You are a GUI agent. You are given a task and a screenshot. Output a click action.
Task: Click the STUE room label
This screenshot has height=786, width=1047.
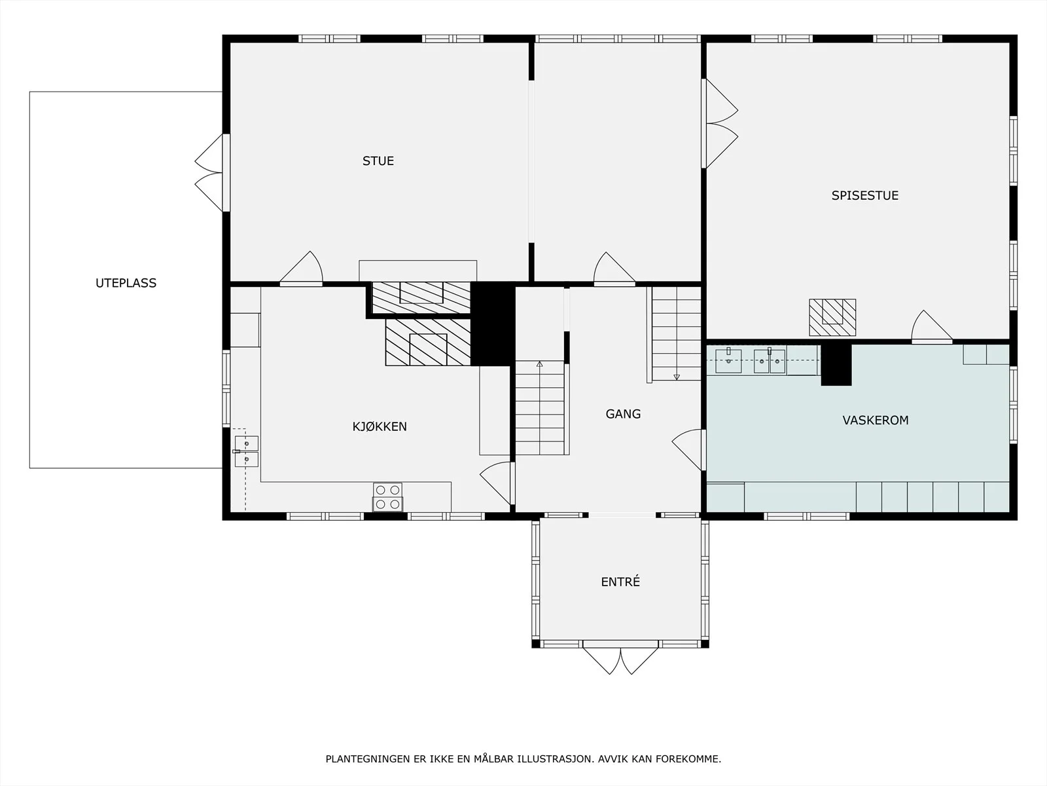click(x=378, y=161)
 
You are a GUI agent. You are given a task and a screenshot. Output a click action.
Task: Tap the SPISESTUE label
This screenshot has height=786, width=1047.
click(x=865, y=195)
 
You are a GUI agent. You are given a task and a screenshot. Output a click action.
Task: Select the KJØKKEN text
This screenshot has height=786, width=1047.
click(x=379, y=426)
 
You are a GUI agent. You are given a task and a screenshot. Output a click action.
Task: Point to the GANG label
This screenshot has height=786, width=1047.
click(x=623, y=414)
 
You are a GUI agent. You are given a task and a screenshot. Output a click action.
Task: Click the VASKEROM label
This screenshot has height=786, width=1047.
click(x=876, y=420)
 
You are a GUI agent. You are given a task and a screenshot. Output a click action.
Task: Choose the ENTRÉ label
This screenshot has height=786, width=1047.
click(x=620, y=581)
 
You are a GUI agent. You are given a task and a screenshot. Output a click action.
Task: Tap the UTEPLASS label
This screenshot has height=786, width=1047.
click(x=126, y=283)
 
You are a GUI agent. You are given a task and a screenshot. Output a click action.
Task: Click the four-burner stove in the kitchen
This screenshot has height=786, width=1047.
click(x=388, y=496)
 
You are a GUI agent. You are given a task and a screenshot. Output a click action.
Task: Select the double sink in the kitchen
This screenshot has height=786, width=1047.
click(x=246, y=451)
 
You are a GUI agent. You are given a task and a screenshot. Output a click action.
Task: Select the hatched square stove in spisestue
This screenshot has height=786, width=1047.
click(x=832, y=318)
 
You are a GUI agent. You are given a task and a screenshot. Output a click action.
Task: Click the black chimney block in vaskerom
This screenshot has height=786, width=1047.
click(x=836, y=364)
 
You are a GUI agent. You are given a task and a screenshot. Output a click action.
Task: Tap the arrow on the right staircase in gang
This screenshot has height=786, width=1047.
click(x=677, y=377)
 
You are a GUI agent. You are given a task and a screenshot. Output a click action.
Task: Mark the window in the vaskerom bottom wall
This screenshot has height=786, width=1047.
click(x=807, y=516)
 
